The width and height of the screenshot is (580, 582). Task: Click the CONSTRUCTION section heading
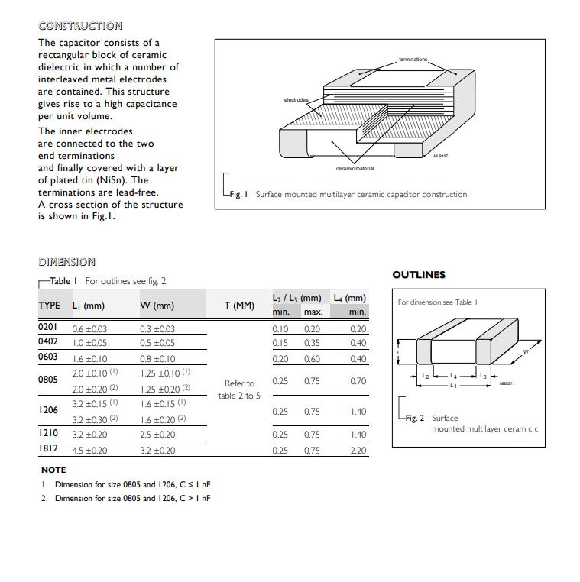(79, 26)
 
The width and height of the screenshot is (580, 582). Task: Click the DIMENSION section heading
(66, 262)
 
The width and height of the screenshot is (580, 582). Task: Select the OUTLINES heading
(418, 275)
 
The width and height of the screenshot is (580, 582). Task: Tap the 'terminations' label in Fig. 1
(413, 59)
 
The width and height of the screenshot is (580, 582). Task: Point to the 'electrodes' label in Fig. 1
(296, 100)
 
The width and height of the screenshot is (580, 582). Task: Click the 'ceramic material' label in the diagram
(355, 168)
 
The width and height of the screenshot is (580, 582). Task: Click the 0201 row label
(48, 328)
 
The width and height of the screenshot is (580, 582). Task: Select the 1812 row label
(48, 449)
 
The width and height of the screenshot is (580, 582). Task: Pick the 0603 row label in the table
(48, 357)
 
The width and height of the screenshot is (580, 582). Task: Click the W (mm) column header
(157, 306)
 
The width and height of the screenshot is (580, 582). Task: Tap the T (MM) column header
(239, 306)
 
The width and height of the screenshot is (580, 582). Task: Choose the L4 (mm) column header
(349, 298)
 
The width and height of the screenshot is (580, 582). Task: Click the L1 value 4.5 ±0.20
(89, 451)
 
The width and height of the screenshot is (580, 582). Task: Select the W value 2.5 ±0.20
(158, 435)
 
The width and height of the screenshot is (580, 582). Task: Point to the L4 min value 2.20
(358, 451)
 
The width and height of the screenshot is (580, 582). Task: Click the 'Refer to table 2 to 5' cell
(239, 390)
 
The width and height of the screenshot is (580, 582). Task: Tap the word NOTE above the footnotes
(53, 470)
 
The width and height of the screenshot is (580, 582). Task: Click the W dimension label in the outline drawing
(526, 352)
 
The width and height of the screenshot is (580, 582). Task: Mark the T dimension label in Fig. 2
(397, 352)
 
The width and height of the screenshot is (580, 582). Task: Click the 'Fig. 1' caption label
(238, 195)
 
